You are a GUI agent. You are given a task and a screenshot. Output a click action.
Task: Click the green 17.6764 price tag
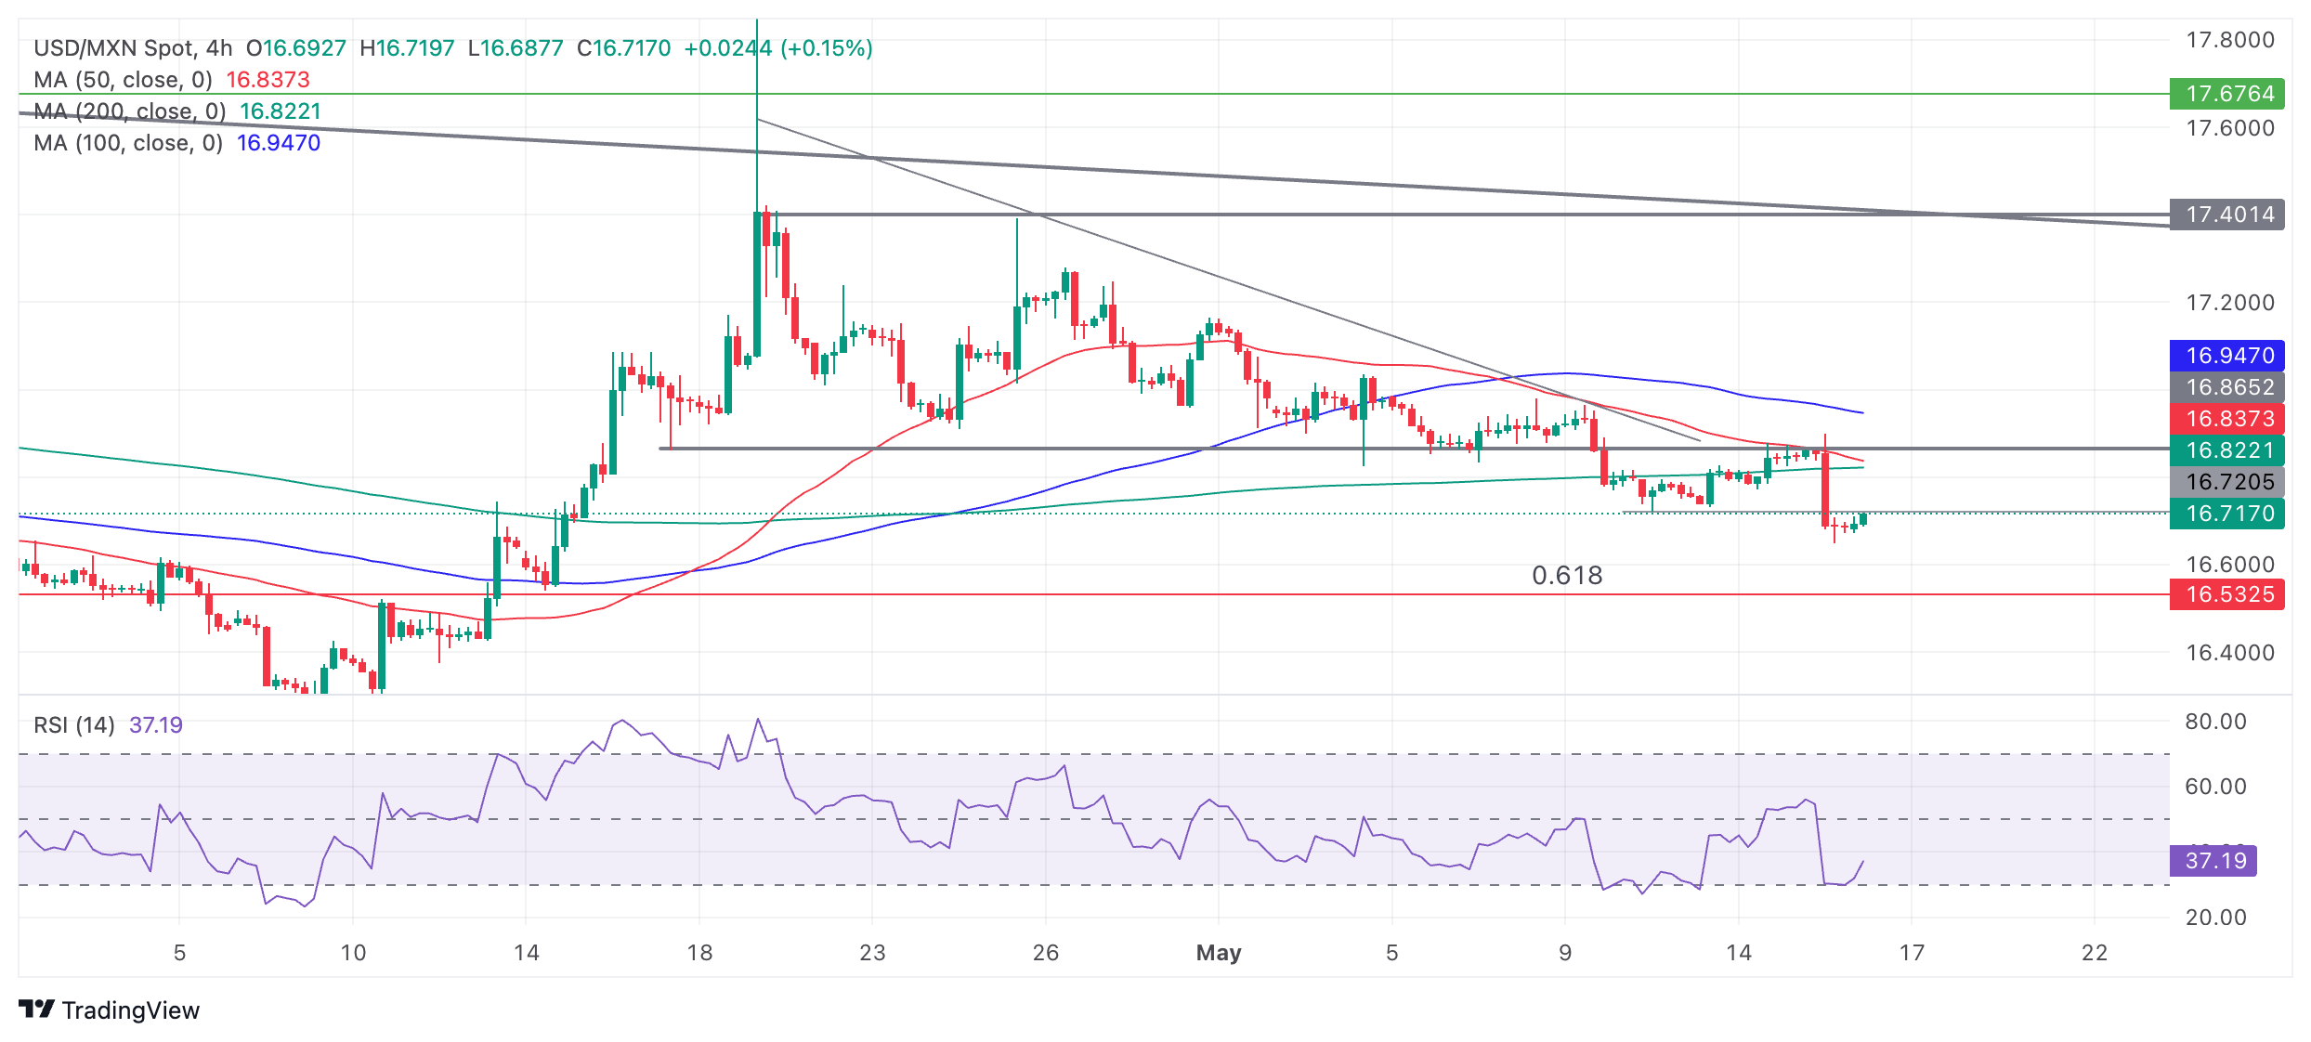click(x=2226, y=94)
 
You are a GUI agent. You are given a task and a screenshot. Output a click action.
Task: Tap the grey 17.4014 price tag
click(x=2226, y=215)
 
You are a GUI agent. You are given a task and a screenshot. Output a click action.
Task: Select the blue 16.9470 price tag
click(x=2226, y=356)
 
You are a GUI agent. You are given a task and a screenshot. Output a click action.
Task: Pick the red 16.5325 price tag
click(x=2226, y=594)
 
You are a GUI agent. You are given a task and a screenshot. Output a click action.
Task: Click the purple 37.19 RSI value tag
click(x=2213, y=861)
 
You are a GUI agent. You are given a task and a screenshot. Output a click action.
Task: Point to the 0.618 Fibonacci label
click(x=1567, y=576)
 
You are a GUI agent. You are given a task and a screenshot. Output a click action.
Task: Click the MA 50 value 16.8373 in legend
click(x=268, y=80)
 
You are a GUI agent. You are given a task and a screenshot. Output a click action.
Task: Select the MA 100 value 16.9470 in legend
click(x=278, y=143)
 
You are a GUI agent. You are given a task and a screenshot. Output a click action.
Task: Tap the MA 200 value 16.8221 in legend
click(x=280, y=111)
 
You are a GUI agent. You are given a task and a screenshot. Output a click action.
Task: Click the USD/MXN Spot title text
click(x=114, y=48)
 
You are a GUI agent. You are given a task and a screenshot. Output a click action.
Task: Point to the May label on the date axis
click(x=1219, y=953)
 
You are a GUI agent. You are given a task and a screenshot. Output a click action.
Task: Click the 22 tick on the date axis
click(x=2095, y=953)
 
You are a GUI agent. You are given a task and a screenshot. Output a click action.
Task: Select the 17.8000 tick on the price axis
click(x=2229, y=40)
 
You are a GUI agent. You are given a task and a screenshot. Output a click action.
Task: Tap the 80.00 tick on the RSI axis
click(x=2215, y=722)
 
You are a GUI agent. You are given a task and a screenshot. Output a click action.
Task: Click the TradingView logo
click(x=110, y=1010)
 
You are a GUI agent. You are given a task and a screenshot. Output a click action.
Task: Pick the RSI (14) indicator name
click(x=74, y=725)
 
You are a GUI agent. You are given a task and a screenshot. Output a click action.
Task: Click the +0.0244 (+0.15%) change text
click(x=778, y=48)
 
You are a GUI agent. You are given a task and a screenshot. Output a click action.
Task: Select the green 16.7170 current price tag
click(x=2226, y=514)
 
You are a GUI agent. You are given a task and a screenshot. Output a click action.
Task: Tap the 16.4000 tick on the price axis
click(x=2229, y=653)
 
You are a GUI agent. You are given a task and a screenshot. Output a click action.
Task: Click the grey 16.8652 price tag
click(x=2226, y=387)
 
